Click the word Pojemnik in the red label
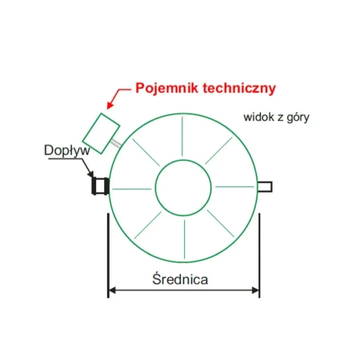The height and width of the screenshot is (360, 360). [167, 88]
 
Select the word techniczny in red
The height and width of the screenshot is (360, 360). [239, 88]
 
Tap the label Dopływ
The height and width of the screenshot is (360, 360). [67, 150]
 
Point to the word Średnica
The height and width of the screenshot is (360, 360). [180, 279]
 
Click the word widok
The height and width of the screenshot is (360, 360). [259, 117]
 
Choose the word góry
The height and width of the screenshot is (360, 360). [298, 118]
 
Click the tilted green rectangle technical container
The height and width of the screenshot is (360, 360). [101, 134]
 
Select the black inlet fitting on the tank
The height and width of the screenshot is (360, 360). [100, 186]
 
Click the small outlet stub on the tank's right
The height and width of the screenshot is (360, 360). [265, 186]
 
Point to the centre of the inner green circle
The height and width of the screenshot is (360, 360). [183, 188]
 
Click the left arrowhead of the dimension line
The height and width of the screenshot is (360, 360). [112, 290]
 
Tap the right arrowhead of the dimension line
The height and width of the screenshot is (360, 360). [255, 290]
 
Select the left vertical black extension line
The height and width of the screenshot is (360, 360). [108, 255]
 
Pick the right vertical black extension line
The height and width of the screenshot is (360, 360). [259, 255]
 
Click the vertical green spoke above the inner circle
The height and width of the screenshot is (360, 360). [182, 137]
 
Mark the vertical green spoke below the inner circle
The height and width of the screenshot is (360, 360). [184, 239]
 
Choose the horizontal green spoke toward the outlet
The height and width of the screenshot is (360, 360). [234, 186]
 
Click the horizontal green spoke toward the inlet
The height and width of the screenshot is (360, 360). [132, 189]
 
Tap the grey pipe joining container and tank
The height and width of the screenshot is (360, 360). [116, 142]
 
